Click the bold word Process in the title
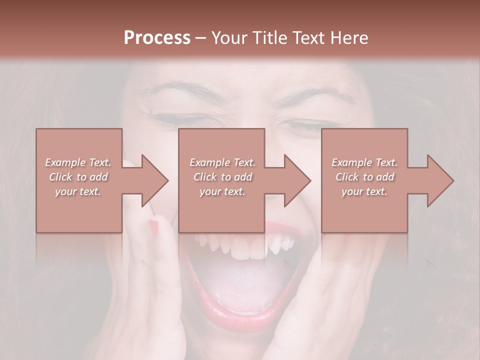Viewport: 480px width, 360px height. pos(157,38)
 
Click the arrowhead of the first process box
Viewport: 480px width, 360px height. pos(155,180)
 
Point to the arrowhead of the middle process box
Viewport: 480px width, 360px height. pos(297,180)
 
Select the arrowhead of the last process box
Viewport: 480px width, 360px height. pos(440,180)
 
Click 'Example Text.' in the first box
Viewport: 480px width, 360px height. pos(78,162)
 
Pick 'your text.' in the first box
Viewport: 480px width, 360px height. pos(78,191)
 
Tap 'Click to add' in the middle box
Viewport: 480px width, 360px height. pos(222,177)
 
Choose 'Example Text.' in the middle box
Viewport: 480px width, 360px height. pos(222,162)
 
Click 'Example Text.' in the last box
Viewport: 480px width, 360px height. pos(364,162)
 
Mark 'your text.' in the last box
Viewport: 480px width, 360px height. pos(364,191)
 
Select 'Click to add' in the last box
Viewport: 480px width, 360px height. pos(364,177)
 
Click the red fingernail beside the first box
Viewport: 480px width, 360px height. pos(153,227)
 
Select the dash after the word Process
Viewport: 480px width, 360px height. pos(201,38)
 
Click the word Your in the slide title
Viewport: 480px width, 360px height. pos(229,38)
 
